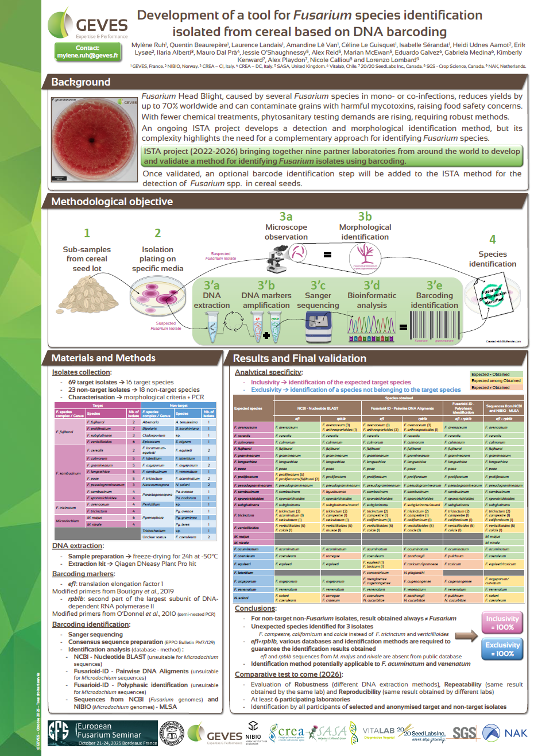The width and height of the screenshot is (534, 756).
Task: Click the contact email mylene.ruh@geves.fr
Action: click(87, 56)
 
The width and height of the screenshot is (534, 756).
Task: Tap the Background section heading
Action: click(80, 82)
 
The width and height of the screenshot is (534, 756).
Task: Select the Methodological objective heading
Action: click(112, 202)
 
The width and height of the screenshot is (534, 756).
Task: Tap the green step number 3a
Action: click(286, 217)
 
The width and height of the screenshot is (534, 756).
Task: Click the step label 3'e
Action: click(434, 285)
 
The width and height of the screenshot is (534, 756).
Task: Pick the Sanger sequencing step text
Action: click(318, 300)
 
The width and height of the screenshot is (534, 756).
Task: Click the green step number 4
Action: click(492, 239)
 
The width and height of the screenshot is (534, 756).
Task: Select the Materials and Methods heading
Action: click(103, 358)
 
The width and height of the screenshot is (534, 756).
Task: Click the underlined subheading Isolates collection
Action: click(81, 372)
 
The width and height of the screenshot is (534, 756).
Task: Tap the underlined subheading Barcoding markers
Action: click(83, 574)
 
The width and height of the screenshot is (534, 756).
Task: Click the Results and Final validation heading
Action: click(299, 358)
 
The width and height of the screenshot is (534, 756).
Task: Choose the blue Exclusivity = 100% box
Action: click(502, 649)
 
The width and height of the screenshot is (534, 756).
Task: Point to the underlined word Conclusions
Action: click(255, 608)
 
